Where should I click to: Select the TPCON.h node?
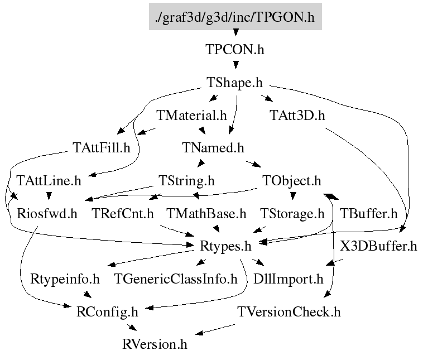tap(235, 49)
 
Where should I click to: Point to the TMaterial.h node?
tap(191, 116)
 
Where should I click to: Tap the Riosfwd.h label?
tap(47, 213)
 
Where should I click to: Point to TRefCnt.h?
tap(122, 213)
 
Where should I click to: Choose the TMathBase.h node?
tap(206, 213)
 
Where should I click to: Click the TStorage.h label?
tap(292, 213)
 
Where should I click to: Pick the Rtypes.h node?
tap(225, 246)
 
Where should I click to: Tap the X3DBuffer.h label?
tap(378, 246)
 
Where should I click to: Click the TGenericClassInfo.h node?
tap(175, 278)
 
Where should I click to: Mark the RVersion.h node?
tap(155, 343)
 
